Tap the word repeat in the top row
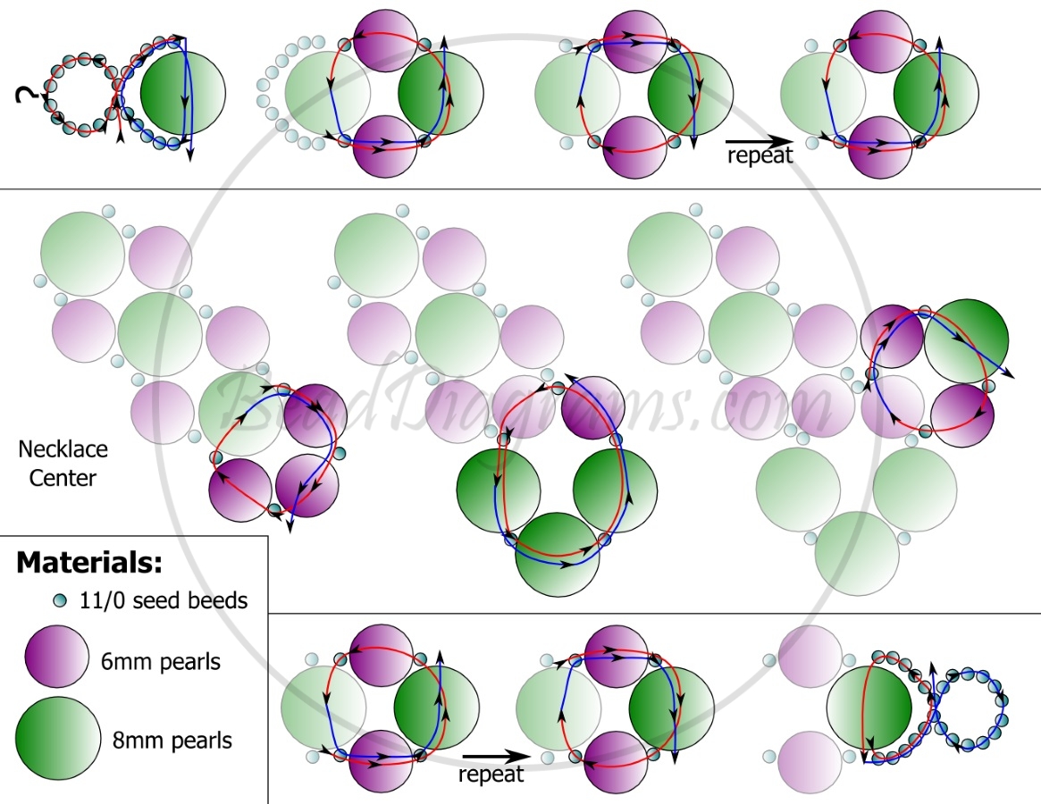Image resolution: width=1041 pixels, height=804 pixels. coord(760,155)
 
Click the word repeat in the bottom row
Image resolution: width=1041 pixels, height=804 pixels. coord(491,775)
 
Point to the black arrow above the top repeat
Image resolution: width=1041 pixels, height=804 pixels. coord(759,141)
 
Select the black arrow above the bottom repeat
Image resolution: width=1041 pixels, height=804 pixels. coord(497,756)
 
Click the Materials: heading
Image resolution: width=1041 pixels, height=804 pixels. coord(89,562)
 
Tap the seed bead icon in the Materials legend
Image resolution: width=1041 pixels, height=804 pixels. coord(60,601)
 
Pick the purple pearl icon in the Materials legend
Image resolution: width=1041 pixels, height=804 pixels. coord(57,657)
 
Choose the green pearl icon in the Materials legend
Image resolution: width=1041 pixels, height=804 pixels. coord(58,739)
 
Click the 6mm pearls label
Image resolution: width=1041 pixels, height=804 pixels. coord(161,662)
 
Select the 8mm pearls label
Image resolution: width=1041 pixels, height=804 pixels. coord(172,741)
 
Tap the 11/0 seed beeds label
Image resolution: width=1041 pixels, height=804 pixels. coord(164,600)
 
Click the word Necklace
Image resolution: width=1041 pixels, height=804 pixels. coord(63,448)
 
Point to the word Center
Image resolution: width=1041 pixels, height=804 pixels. coord(63,478)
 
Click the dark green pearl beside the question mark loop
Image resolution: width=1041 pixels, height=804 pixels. coord(183,93)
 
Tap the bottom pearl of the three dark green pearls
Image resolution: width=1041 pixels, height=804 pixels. coord(558,555)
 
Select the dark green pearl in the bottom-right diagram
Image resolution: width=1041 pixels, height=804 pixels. coord(869,708)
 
